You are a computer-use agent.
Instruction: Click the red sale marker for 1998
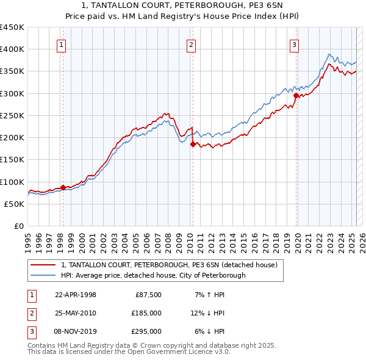point(63,187)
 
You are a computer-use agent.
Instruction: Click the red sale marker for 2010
point(192,145)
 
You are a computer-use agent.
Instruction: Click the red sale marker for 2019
point(296,95)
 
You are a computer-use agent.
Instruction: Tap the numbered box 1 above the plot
point(62,44)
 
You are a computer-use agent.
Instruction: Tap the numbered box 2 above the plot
point(192,44)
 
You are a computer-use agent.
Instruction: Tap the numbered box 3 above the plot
point(294,44)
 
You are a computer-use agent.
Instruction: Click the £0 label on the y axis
point(19,226)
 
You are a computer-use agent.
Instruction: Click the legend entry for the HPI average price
point(153,275)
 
